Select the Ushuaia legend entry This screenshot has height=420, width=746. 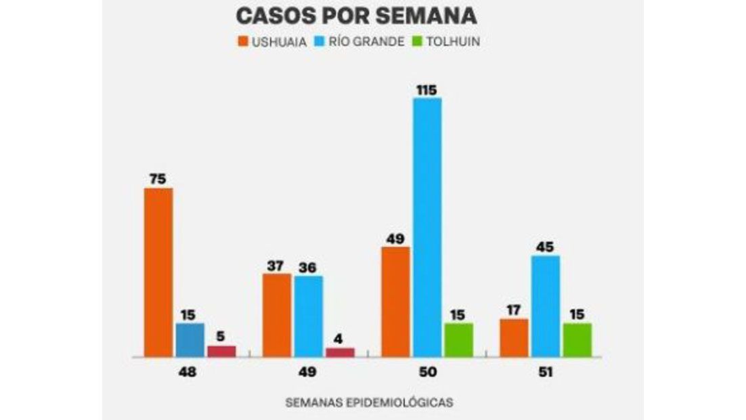tap(272, 41)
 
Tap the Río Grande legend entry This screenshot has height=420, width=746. tap(361, 41)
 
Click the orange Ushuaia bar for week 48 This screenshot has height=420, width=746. tap(158, 272)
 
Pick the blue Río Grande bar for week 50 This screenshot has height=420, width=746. tap(427, 227)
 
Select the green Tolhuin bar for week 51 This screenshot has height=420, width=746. tap(577, 339)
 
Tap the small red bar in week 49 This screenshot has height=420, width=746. tap(340, 352)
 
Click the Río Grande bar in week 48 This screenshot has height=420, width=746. tap(190, 339)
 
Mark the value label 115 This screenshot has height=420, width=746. tap(427, 89)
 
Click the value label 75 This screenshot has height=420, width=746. tap(158, 180)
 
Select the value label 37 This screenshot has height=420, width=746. tap(278, 266)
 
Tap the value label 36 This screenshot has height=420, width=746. tap(309, 267)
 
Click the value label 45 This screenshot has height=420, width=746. tap(546, 247)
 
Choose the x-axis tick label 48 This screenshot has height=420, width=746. tap(189, 372)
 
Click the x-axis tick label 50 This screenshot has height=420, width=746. tap(427, 372)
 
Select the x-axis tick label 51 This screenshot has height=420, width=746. tap(546, 372)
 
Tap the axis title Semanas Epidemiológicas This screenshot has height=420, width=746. tap(369, 402)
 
